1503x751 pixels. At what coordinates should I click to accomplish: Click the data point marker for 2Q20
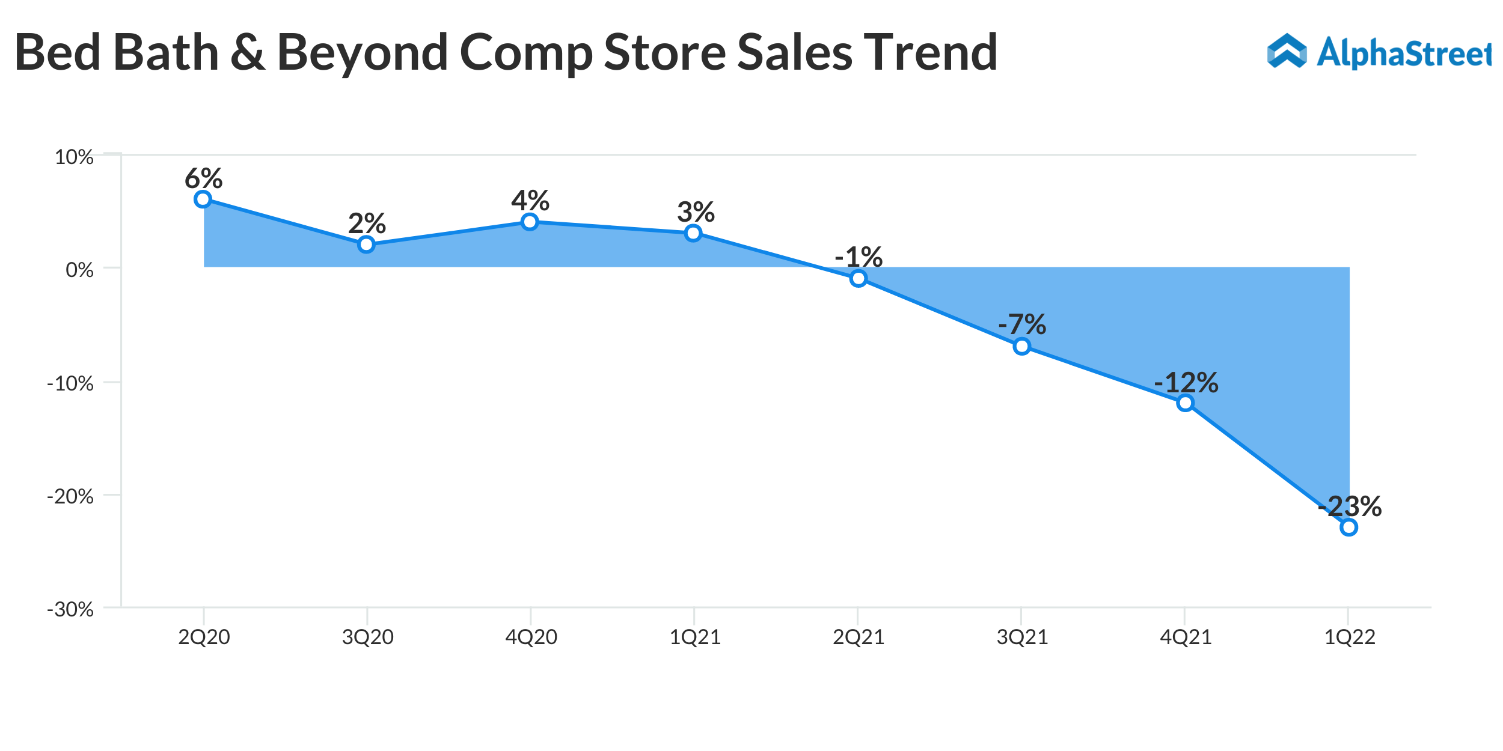(x=203, y=199)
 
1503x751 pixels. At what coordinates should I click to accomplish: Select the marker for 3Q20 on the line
(x=366, y=245)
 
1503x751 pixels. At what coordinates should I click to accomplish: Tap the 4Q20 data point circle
(x=530, y=222)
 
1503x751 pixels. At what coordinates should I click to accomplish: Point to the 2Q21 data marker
(x=859, y=278)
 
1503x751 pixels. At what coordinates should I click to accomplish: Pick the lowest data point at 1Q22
(x=1349, y=528)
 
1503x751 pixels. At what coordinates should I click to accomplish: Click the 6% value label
(x=203, y=178)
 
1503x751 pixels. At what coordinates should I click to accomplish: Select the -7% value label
(x=1022, y=325)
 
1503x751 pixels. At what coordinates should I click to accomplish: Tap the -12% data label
(x=1186, y=383)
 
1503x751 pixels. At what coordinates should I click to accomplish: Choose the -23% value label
(x=1350, y=506)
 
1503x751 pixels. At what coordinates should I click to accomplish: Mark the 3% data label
(x=696, y=212)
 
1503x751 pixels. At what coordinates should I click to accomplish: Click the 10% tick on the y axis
(x=74, y=157)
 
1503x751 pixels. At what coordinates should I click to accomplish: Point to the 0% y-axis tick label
(x=79, y=270)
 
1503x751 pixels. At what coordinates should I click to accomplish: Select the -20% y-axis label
(x=70, y=497)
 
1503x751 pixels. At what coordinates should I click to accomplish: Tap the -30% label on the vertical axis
(x=70, y=610)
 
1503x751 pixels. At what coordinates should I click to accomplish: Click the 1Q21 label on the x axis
(x=695, y=637)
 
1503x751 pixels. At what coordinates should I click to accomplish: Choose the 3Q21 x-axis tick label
(x=1022, y=637)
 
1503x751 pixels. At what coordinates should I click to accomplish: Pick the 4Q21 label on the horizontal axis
(x=1186, y=637)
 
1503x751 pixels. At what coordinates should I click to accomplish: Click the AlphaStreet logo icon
(x=1287, y=51)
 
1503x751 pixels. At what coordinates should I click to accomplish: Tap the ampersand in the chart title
(x=248, y=53)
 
